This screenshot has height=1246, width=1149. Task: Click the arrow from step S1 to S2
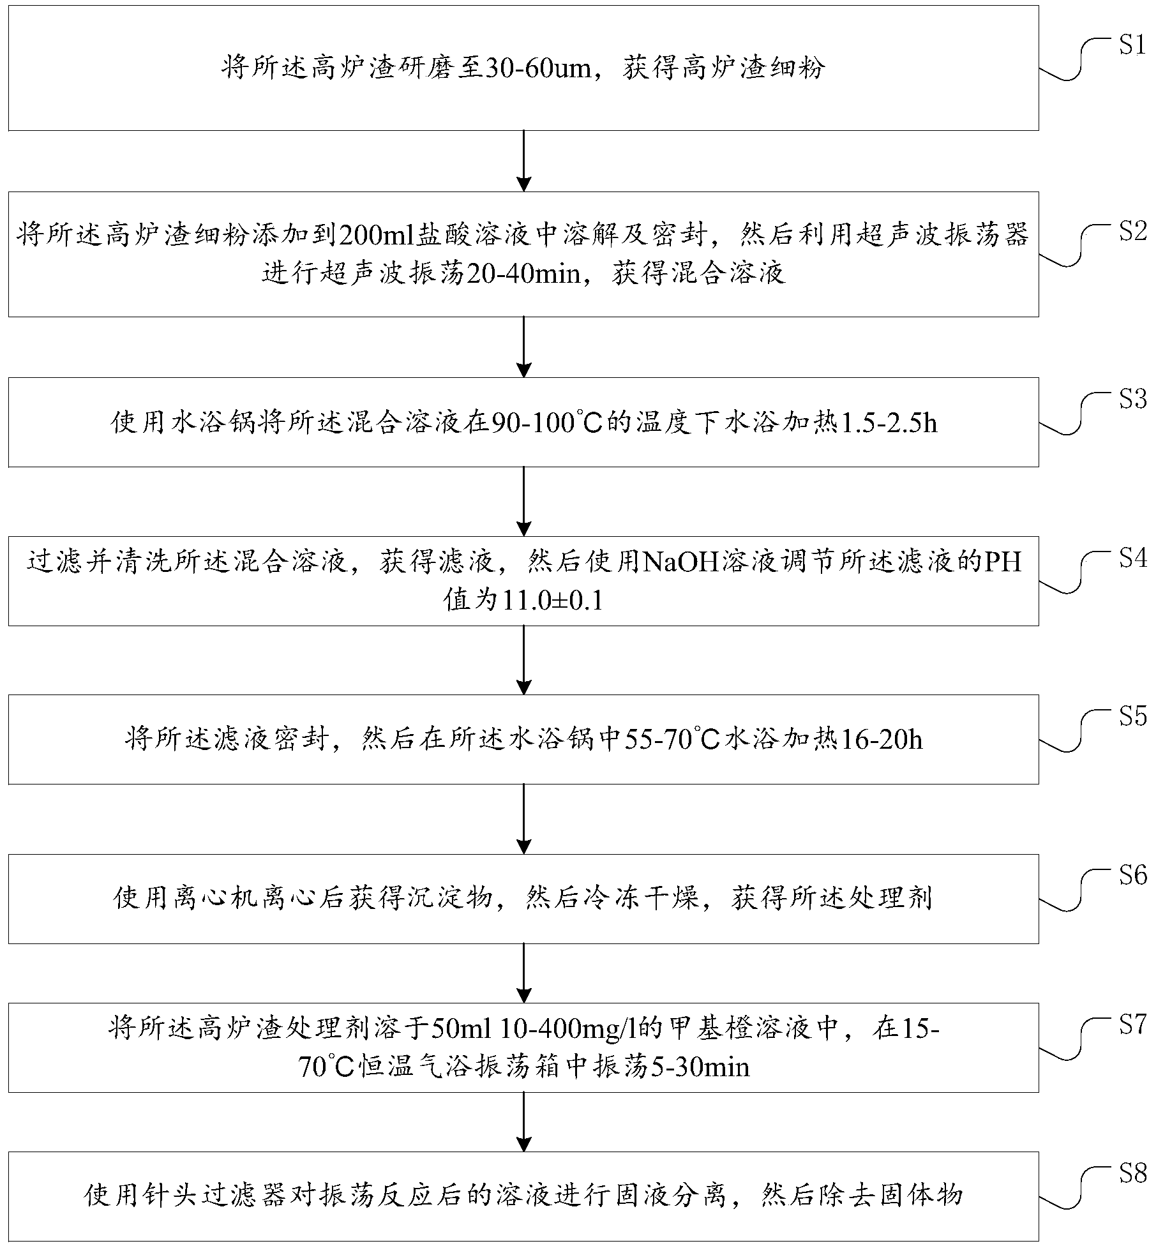[x=523, y=161]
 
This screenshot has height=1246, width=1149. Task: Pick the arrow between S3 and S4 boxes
[x=523, y=501]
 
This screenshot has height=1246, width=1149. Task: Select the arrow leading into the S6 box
[x=523, y=819]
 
